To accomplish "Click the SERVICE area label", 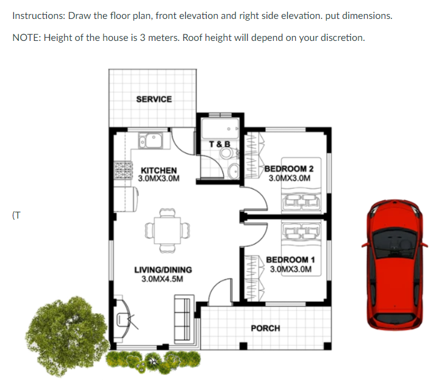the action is pyautogui.click(x=154, y=100).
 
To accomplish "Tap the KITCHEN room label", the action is pyautogui.click(x=159, y=170).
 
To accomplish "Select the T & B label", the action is pyautogui.click(x=220, y=144).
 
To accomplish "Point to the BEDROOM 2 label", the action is pyautogui.click(x=289, y=168).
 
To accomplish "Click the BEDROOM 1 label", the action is pyautogui.click(x=291, y=260).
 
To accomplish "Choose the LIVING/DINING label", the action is pyautogui.click(x=163, y=270).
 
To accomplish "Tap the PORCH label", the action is pyautogui.click(x=265, y=328).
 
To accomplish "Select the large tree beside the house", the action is pyautogui.click(x=67, y=335).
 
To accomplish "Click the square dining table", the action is pyautogui.click(x=168, y=230).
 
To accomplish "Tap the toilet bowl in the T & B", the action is pyautogui.click(x=227, y=153).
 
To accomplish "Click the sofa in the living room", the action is pyautogui.click(x=184, y=319).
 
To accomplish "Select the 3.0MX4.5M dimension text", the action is pyautogui.click(x=162, y=279).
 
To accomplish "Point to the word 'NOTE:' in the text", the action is pyautogui.click(x=27, y=38).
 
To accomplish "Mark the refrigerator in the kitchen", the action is pyautogui.click(x=127, y=198).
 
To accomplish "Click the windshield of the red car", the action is pyautogui.click(x=394, y=242).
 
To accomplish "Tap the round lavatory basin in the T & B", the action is pyautogui.click(x=234, y=171).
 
